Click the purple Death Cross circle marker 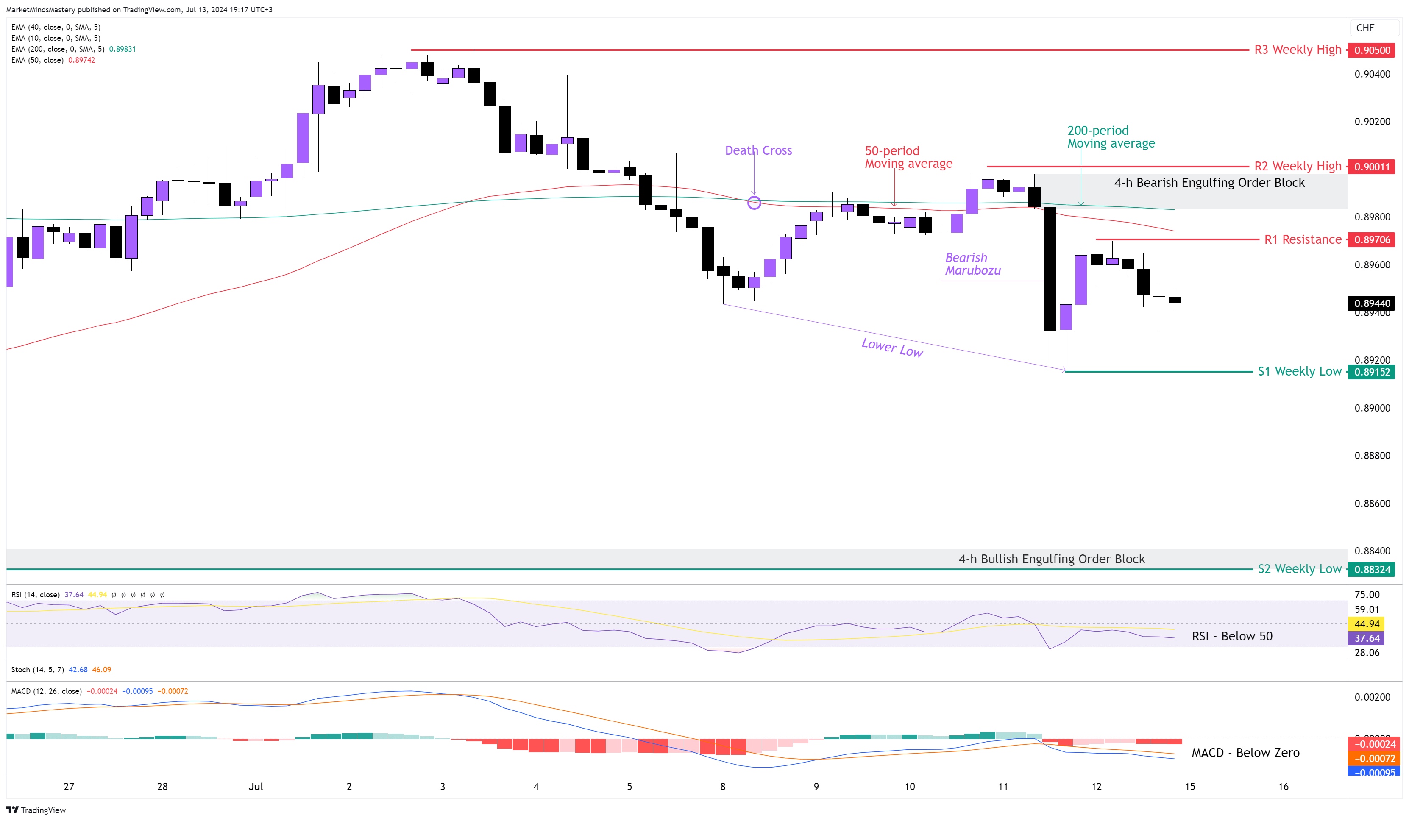[754, 203]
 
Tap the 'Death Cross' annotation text [758, 150]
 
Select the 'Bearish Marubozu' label [972, 264]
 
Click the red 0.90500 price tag [1372, 50]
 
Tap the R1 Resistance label [1302, 239]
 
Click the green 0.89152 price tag [1372, 372]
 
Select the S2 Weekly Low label [1299, 569]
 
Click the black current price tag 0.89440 [1372, 303]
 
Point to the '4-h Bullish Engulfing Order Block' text [1051, 559]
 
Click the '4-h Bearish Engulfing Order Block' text [1209, 182]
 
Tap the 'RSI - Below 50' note [1232, 636]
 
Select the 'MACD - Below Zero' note [1245, 753]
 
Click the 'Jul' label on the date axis [256, 786]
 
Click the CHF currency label [1365, 28]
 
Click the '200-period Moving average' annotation [1111, 137]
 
